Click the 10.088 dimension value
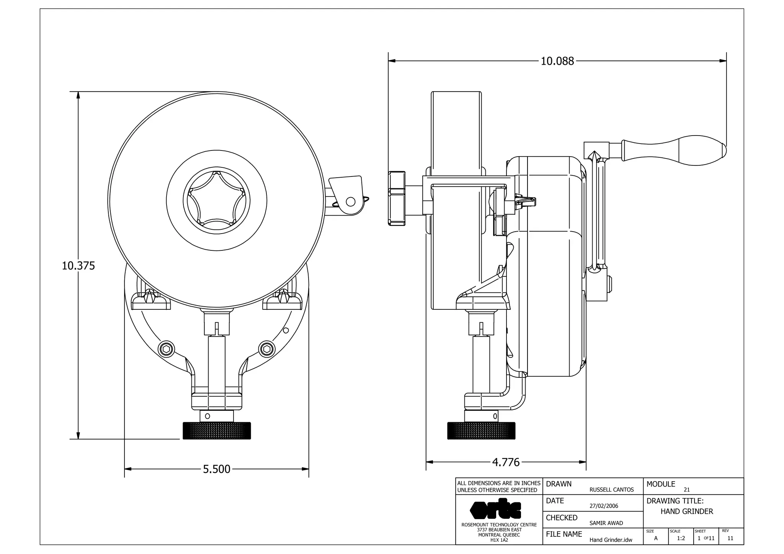click(557, 61)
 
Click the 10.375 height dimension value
click(78, 266)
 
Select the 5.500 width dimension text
click(217, 469)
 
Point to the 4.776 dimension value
click(506, 462)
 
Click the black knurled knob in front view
click(217, 431)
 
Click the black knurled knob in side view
click(481, 431)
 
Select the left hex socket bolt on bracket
click(167, 349)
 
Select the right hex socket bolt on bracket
click(267, 349)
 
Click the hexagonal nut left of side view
click(397, 199)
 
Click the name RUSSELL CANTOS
click(611, 490)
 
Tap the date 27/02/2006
click(604, 506)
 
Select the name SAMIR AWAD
click(606, 523)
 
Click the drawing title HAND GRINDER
click(687, 512)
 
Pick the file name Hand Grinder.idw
click(611, 540)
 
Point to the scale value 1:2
click(681, 538)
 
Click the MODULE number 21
click(687, 490)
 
